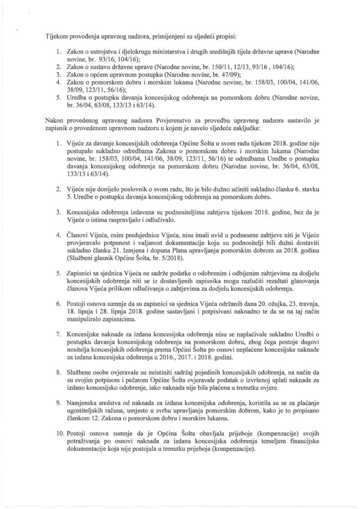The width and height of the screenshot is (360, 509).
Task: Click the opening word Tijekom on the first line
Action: [x=58, y=36]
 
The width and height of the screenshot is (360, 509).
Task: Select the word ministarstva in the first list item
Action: [x=159, y=51]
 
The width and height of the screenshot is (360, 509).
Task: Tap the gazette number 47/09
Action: [x=226, y=74]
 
